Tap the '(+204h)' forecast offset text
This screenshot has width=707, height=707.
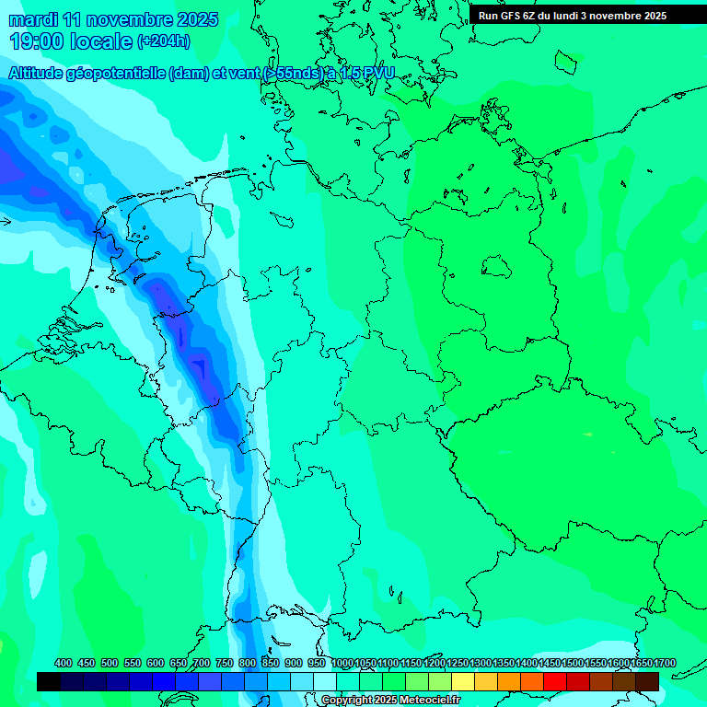pyautogui.click(x=163, y=41)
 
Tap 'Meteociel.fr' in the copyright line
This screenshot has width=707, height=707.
pyautogui.click(x=430, y=701)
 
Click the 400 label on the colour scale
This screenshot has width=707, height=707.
pyautogui.click(x=64, y=663)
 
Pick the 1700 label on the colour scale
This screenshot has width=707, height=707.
pyautogui.click(x=665, y=663)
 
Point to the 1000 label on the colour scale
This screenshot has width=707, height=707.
pyautogui.click(x=342, y=663)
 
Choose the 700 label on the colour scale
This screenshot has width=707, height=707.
pyautogui.click(x=202, y=663)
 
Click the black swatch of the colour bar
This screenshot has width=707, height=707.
pyautogui.click(x=49, y=681)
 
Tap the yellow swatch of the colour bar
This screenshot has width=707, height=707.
pyautogui.click(x=463, y=681)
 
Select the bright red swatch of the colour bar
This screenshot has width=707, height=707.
pyautogui.click(x=555, y=681)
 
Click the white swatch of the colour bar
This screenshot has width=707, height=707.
pyautogui.click(x=325, y=681)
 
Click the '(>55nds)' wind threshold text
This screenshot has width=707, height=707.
pyautogui.click(x=293, y=74)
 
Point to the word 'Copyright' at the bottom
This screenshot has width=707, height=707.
pyautogui.click(x=346, y=701)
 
